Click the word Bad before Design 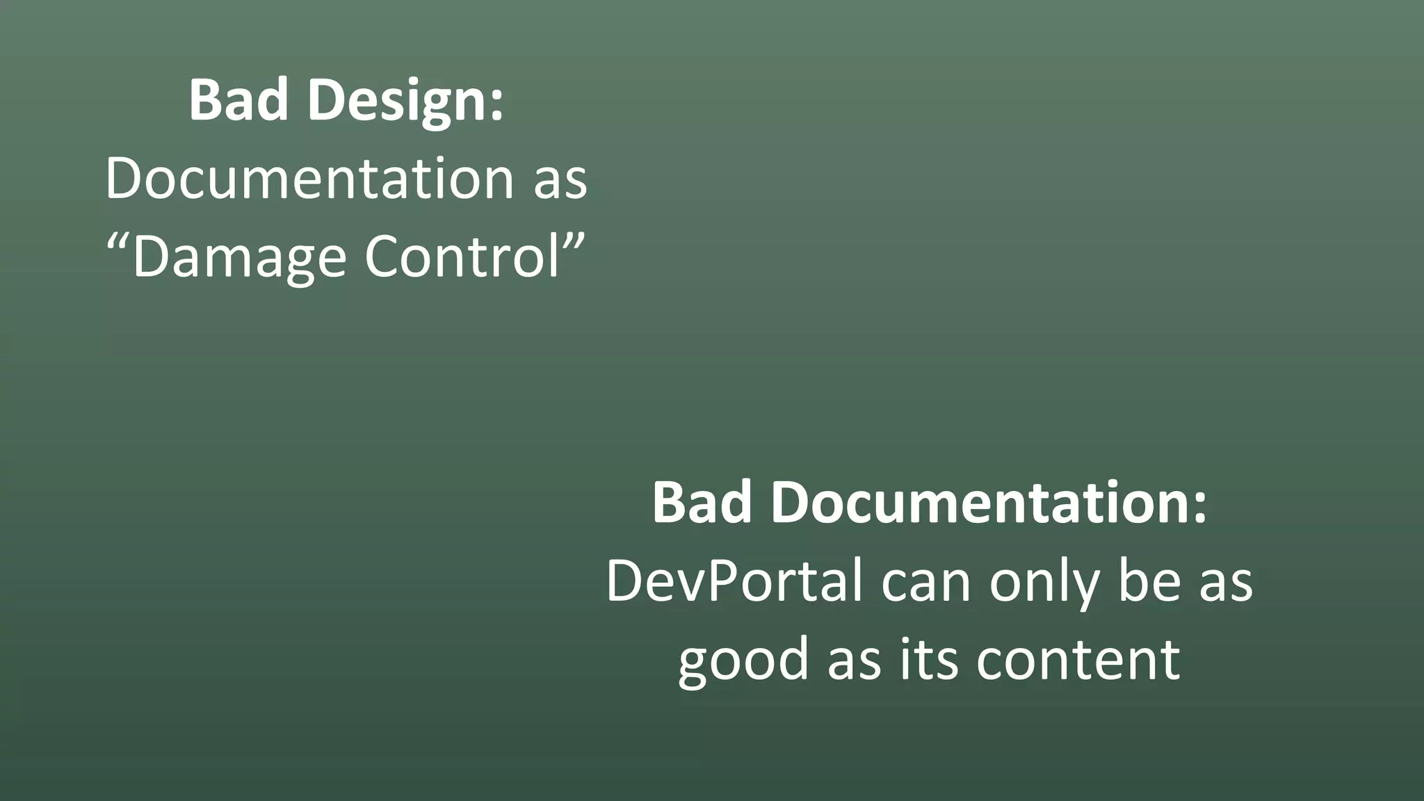pyautogui.click(x=238, y=100)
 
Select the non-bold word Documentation pyautogui.click(x=309, y=179)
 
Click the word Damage pyautogui.click(x=238, y=257)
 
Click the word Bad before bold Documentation pyautogui.click(x=702, y=502)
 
